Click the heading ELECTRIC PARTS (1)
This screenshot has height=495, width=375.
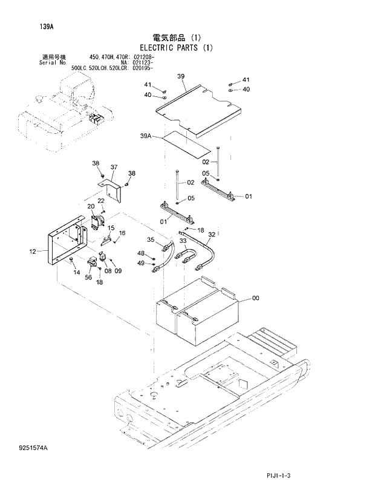point(176,47)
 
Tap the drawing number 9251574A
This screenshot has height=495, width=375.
point(33,447)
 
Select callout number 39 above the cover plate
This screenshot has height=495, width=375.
point(181,76)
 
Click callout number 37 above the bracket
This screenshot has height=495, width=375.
point(114,167)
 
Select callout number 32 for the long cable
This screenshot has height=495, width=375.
point(211,234)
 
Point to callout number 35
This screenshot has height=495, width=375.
point(151,241)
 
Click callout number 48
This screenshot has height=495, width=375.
point(140,253)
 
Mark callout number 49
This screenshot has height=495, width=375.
point(140,263)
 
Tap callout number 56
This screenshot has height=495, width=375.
point(88,277)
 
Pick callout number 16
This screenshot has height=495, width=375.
point(122,233)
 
